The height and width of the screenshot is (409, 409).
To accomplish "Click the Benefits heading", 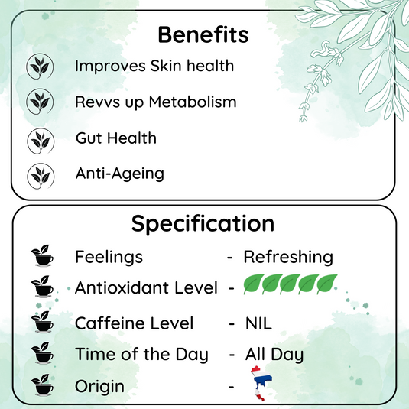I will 203,34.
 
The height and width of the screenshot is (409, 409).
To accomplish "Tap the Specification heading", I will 203,223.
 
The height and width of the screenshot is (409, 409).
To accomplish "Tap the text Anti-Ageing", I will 119,173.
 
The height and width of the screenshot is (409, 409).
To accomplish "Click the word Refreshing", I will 288,257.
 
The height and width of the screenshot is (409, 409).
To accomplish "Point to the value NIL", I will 258,323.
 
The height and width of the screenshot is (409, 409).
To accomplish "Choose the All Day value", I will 274,354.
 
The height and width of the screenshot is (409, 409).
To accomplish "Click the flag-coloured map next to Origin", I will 258,385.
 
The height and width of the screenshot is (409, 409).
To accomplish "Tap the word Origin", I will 99,386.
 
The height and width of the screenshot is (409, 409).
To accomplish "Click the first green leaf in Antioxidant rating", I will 253,284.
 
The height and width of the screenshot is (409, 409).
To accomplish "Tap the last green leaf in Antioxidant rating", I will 328,284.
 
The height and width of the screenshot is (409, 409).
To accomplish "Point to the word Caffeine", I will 106,323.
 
